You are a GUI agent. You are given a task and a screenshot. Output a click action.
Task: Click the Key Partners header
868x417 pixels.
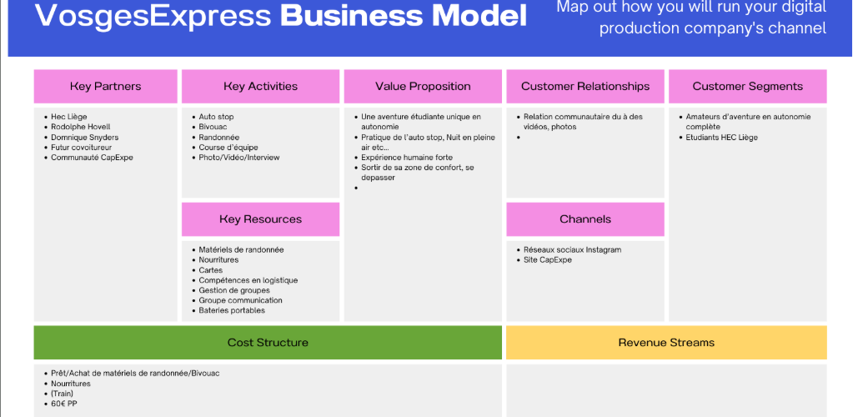pyautogui.click(x=105, y=87)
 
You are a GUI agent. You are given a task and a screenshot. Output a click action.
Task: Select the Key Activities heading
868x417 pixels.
pyautogui.click(x=260, y=87)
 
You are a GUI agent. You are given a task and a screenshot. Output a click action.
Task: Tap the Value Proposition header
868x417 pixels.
pyautogui.click(x=423, y=87)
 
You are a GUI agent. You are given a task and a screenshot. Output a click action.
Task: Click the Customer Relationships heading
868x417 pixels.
pyautogui.click(x=585, y=87)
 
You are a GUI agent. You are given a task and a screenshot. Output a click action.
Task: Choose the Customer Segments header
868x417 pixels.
pyautogui.click(x=747, y=87)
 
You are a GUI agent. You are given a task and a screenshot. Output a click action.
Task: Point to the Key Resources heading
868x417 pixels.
pyautogui.click(x=260, y=219)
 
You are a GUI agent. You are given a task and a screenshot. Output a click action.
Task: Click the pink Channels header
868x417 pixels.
pyautogui.click(x=585, y=219)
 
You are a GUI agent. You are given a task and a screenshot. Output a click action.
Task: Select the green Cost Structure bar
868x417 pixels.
pyautogui.click(x=268, y=342)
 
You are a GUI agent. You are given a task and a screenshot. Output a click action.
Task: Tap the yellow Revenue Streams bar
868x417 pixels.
pyautogui.click(x=666, y=342)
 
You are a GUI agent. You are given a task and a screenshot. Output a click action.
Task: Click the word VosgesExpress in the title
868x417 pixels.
pyautogui.click(x=153, y=16)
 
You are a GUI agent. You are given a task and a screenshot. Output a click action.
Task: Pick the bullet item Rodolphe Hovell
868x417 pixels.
pyautogui.click(x=81, y=127)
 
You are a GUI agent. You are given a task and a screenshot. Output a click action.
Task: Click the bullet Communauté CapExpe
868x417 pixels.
pyautogui.click(x=92, y=158)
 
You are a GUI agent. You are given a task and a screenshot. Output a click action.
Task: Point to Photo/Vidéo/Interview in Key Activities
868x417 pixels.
pyautogui.click(x=239, y=158)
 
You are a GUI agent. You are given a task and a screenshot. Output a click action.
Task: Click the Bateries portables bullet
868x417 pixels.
pyautogui.click(x=232, y=310)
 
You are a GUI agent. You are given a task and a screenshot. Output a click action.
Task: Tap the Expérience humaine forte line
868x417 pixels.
pyautogui.click(x=407, y=158)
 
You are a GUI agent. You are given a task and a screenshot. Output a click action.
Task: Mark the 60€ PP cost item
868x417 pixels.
pyautogui.click(x=63, y=404)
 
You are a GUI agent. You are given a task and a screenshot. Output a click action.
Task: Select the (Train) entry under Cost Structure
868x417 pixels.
pyautogui.click(x=62, y=394)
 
